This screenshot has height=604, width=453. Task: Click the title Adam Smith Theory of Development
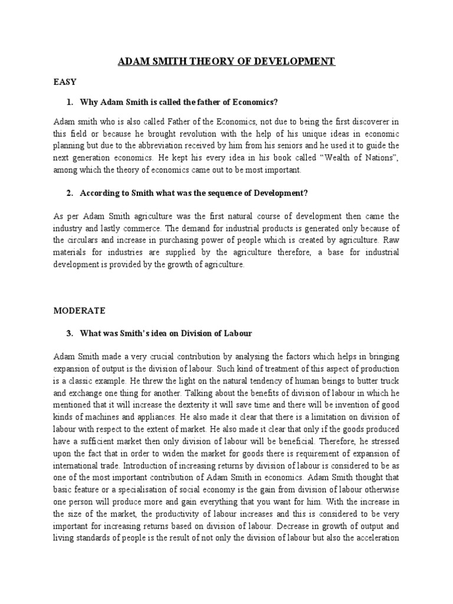(226, 61)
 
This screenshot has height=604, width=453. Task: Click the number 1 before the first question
(70, 103)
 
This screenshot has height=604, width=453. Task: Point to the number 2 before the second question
(70, 192)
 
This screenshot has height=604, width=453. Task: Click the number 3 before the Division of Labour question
(70, 333)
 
